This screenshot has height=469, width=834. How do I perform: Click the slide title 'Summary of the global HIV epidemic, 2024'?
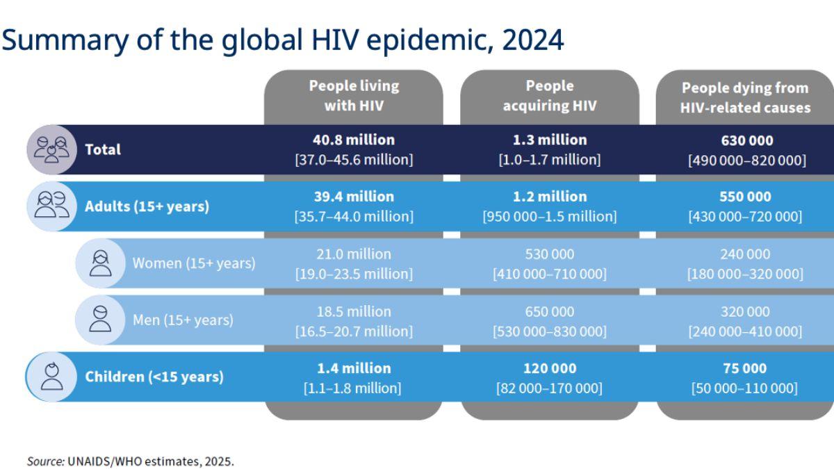282,40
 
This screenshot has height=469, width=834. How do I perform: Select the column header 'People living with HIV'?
354,96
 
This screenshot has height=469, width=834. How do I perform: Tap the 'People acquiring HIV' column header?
549,96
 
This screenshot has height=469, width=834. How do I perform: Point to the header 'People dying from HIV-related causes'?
745,98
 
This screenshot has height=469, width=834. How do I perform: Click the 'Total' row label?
102,149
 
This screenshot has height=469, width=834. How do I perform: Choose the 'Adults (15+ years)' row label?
147,206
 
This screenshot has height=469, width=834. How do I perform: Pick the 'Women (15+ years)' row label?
194,263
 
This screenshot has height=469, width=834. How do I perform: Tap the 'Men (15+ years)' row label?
183,320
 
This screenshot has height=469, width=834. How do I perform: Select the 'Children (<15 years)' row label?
154,377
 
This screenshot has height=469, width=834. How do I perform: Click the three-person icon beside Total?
51,149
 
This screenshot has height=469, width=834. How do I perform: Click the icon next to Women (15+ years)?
100,263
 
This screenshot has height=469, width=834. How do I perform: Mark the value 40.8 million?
354,140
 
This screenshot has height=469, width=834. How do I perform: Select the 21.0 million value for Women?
354,254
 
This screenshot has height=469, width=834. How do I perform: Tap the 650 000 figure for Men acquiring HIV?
549,311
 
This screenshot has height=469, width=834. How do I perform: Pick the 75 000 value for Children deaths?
744,368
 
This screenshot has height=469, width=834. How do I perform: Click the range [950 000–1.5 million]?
549,217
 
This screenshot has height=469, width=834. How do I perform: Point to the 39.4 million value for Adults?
354,197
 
